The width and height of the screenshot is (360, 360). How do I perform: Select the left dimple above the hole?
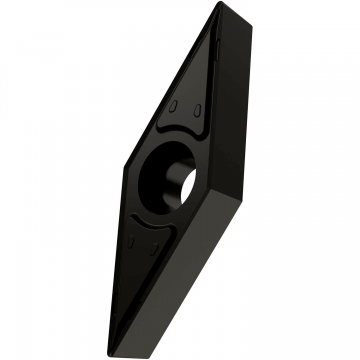pos(176,107)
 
